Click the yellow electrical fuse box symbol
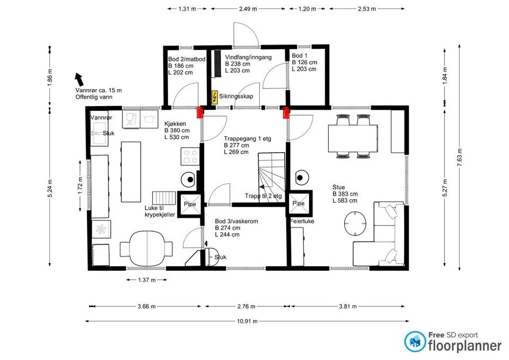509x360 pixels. point(214,97)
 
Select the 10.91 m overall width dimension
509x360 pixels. point(247,321)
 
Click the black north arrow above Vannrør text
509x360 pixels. point(79,80)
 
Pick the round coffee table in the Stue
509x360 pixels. point(355,224)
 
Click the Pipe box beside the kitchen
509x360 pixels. point(190,204)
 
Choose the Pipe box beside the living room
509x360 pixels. point(299,204)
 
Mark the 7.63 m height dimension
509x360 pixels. point(459,157)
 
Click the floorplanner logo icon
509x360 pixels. point(415,341)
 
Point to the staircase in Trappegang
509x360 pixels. point(271,178)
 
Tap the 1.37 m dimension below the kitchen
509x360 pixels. point(147,280)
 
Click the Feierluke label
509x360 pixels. point(302,222)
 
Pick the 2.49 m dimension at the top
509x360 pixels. point(248,9)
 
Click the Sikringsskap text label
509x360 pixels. point(236,96)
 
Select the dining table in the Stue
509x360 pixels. point(353,138)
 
